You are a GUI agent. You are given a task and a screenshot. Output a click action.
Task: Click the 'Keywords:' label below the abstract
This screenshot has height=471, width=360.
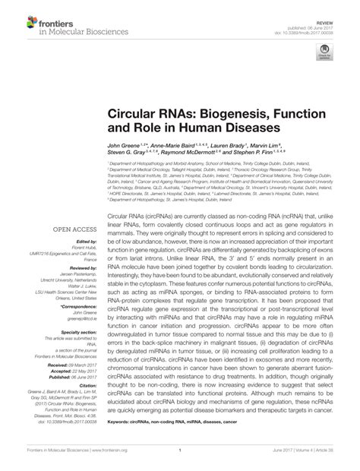[119, 420]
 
